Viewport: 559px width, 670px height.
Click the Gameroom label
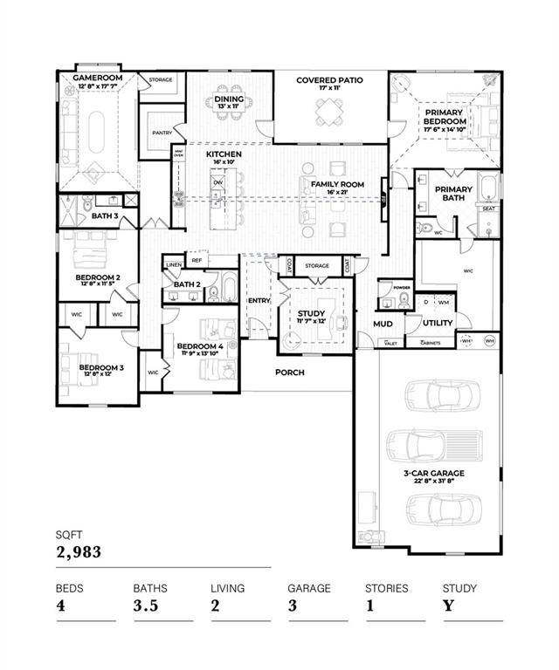click(x=96, y=78)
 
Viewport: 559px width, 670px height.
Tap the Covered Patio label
click(x=329, y=80)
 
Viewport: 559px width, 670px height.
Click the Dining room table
click(x=229, y=116)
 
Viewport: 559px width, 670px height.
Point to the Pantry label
click(x=162, y=133)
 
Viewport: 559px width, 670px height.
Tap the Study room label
click(x=311, y=314)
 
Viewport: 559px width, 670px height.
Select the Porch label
click(x=289, y=373)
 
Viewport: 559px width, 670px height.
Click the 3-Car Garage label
click(x=433, y=474)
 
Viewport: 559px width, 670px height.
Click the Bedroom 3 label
click(x=101, y=368)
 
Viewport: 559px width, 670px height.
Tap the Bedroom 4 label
click(x=200, y=346)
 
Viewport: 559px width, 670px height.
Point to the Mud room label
click(x=383, y=324)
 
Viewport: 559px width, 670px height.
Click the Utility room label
click(x=438, y=323)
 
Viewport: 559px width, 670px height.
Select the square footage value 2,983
click(x=79, y=551)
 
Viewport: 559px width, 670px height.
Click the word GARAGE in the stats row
click(x=309, y=588)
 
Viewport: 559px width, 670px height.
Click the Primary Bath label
click(x=453, y=194)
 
